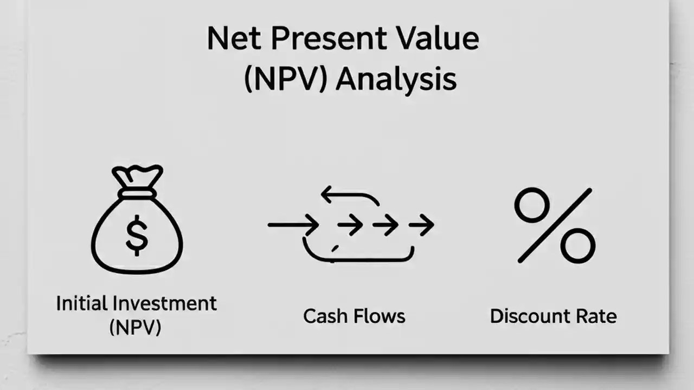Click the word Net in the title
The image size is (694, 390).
pyautogui.click(x=232, y=39)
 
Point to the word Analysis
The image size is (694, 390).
pyautogui.click(x=395, y=80)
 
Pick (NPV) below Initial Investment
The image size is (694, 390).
pyautogui.click(x=136, y=328)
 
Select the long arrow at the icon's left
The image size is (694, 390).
pyautogui.click(x=293, y=224)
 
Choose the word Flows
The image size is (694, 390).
pyautogui.click(x=380, y=316)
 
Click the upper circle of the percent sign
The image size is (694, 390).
pyautogui.click(x=531, y=205)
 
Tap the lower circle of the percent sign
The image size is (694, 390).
pyautogui.click(x=577, y=245)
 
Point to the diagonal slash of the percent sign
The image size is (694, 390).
pyautogui.click(x=555, y=225)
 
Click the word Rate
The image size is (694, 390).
pyautogui.click(x=596, y=316)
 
